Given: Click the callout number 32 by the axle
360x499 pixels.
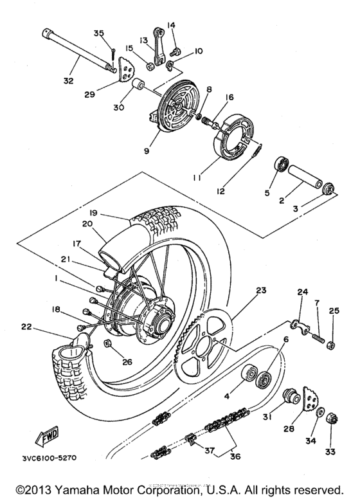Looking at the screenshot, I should [67, 81].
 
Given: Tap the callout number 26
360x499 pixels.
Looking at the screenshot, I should [126, 361].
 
